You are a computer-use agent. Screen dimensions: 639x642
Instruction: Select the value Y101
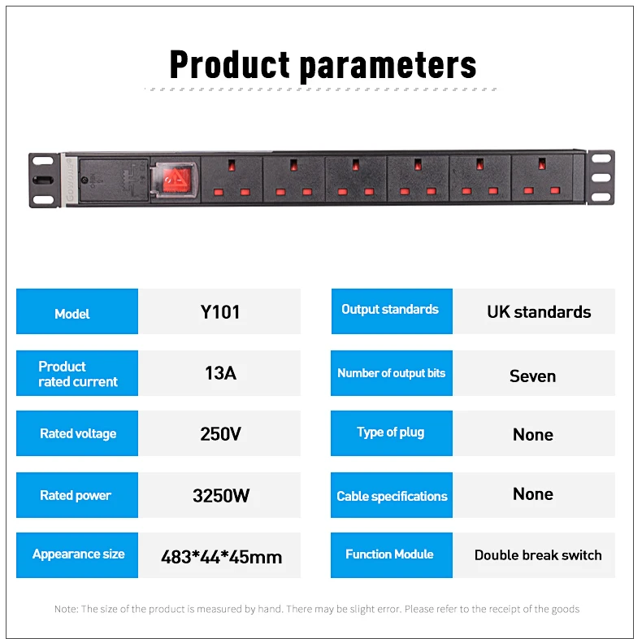[x=219, y=312]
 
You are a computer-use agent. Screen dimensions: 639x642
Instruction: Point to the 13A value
[x=219, y=373]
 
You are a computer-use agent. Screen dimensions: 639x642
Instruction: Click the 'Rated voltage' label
[x=77, y=433]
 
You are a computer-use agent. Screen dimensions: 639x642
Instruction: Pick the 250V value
[x=219, y=433]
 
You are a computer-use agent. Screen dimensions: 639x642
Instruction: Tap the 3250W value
[x=219, y=495]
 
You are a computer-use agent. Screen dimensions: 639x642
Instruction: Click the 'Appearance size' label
[x=77, y=554]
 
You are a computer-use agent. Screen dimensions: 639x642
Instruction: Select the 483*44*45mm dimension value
[x=221, y=557]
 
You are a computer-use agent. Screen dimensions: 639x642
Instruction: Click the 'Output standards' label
[x=391, y=310]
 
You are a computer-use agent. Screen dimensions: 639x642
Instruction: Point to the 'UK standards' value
[x=538, y=312]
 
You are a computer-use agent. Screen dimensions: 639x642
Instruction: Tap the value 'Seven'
[x=532, y=376]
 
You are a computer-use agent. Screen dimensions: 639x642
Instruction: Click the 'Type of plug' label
[x=391, y=433]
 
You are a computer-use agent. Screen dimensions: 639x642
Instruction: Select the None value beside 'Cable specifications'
[x=532, y=494]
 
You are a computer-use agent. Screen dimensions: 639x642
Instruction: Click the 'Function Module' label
[x=391, y=554]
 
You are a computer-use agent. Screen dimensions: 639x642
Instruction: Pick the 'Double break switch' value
[x=537, y=556]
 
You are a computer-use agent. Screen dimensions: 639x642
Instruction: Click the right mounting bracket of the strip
[x=601, y=177]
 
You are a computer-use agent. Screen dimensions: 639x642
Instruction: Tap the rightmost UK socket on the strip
[x=542, y=178]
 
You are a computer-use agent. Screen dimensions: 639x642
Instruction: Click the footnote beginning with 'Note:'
[x=317, y=609]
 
